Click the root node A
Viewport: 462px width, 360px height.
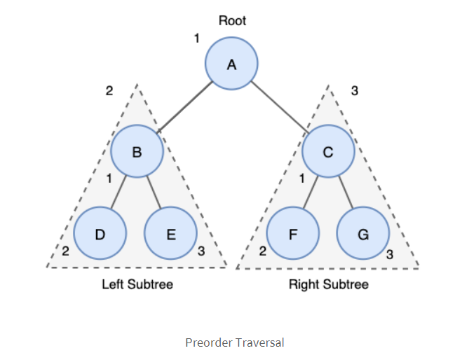231,64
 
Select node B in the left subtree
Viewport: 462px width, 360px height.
137,151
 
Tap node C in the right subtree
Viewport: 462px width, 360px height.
328,151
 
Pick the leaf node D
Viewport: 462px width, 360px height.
100,233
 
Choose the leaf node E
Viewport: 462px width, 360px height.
171,233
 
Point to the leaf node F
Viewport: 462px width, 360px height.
293,233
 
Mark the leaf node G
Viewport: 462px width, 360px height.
363,233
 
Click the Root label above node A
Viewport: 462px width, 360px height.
231,22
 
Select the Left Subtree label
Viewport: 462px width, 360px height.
137,284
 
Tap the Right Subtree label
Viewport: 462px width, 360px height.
328,284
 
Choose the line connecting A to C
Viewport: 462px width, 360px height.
279,107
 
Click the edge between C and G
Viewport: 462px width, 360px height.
346,192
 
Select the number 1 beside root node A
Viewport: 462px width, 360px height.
197,39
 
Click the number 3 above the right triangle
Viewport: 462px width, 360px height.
355,90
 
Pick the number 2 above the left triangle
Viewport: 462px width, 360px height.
109,90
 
